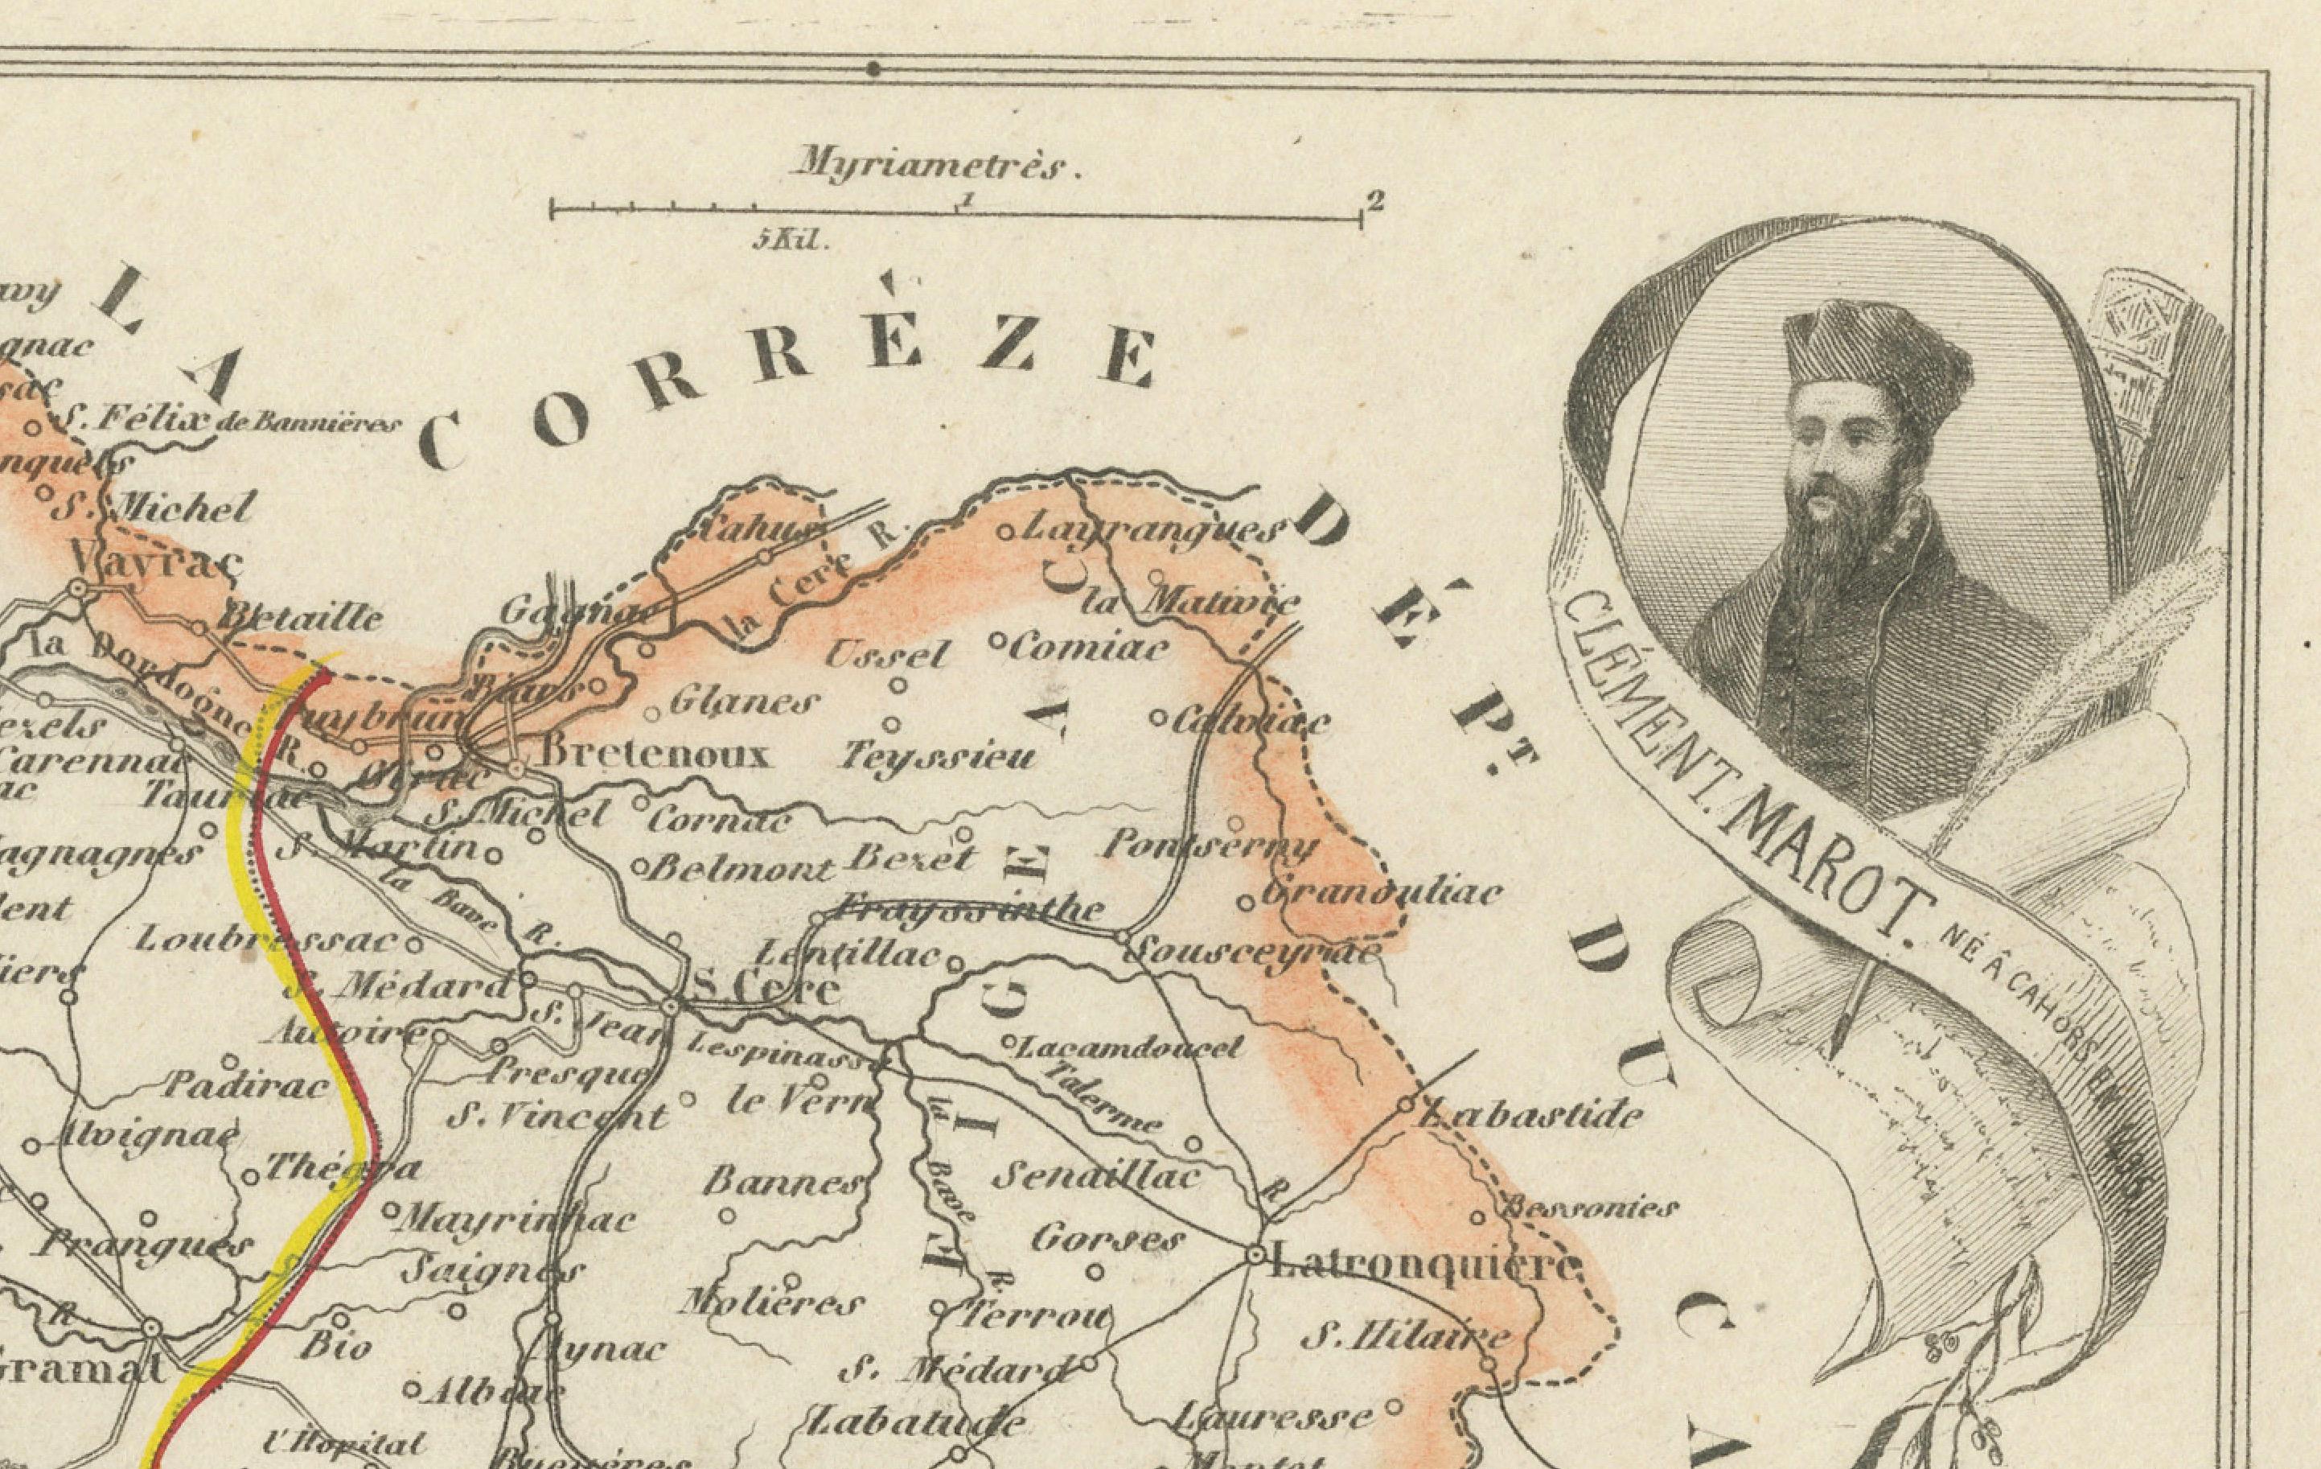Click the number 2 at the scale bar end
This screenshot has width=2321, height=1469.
(x=1375, y=201)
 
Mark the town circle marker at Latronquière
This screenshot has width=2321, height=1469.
(x=1255, y=1255)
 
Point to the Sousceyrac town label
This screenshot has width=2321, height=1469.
(x=1252, y=953)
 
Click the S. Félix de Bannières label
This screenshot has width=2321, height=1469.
(x=227, y=420)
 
